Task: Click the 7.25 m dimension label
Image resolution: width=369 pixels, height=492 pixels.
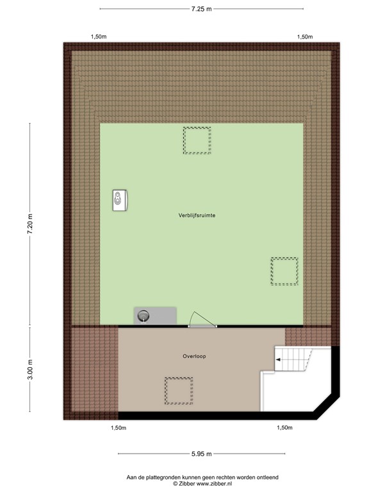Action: (x=201, y=9)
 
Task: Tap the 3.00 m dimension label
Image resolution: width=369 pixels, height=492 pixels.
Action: (x=29, y=370)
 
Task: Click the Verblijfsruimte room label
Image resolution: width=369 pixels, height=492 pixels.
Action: (x=197, y=216)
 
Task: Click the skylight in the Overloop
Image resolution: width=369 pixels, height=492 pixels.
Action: (x=177, y=391)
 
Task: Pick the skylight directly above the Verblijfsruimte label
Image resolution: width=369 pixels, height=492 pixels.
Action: (x=197, y=140)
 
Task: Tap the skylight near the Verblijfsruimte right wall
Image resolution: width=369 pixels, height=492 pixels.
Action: (x=284, y=272)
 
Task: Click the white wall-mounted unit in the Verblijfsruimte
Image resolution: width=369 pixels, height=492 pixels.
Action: (x=120, y=200)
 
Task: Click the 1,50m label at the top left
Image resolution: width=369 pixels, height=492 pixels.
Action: (x=99, y=37)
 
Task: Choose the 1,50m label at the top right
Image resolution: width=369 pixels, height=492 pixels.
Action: (x=305, y=37)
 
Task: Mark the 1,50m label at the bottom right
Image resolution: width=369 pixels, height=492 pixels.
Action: (x=284, y=427)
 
